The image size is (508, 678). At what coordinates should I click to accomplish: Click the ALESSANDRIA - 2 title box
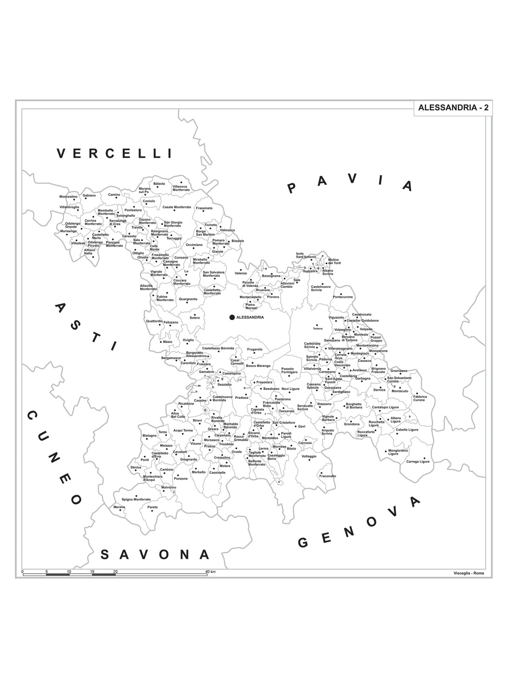pyautogui.click(x=453, y=108)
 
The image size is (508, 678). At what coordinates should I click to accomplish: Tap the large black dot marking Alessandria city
pyautogui.click(x=232, y=317)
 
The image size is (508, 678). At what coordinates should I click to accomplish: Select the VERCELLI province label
pyautogui.click(x=115, y=153)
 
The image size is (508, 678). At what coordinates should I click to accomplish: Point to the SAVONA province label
pyautogui.click(x=155, y=554)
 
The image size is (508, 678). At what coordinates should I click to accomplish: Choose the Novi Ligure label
pyautogui.click(x=290, y=389)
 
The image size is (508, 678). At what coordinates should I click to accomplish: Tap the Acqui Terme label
pyautogui.click(x=183, y=430)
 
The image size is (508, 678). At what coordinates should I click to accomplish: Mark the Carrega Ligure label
pyautogui.click(x=418, y=461)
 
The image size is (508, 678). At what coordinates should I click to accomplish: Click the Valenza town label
pyautogui.click(x=240, y=273)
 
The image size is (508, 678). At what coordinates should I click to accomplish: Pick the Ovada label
pyautogui.click(x=236, y=452)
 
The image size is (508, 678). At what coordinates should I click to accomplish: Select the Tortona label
pyautogui.click(x=317, y=329)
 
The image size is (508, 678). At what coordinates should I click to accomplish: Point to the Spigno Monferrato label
pyautogui.click(x=136, y=500)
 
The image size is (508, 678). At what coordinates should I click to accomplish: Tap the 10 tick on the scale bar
pyautogui.click(x=69, y=572)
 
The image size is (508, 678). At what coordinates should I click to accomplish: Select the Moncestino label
pyautogui.click(x=68, y=197)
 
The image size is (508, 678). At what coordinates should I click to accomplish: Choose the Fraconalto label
pyautogui.click(x=328, y=476)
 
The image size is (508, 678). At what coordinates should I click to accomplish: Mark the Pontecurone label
pyautogui.click(x=342, y=297)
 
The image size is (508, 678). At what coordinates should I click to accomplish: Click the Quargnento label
pyautogui.click(x=188, y=299)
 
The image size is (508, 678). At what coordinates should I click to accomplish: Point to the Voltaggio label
pyautogui.click(x=309, y=456)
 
